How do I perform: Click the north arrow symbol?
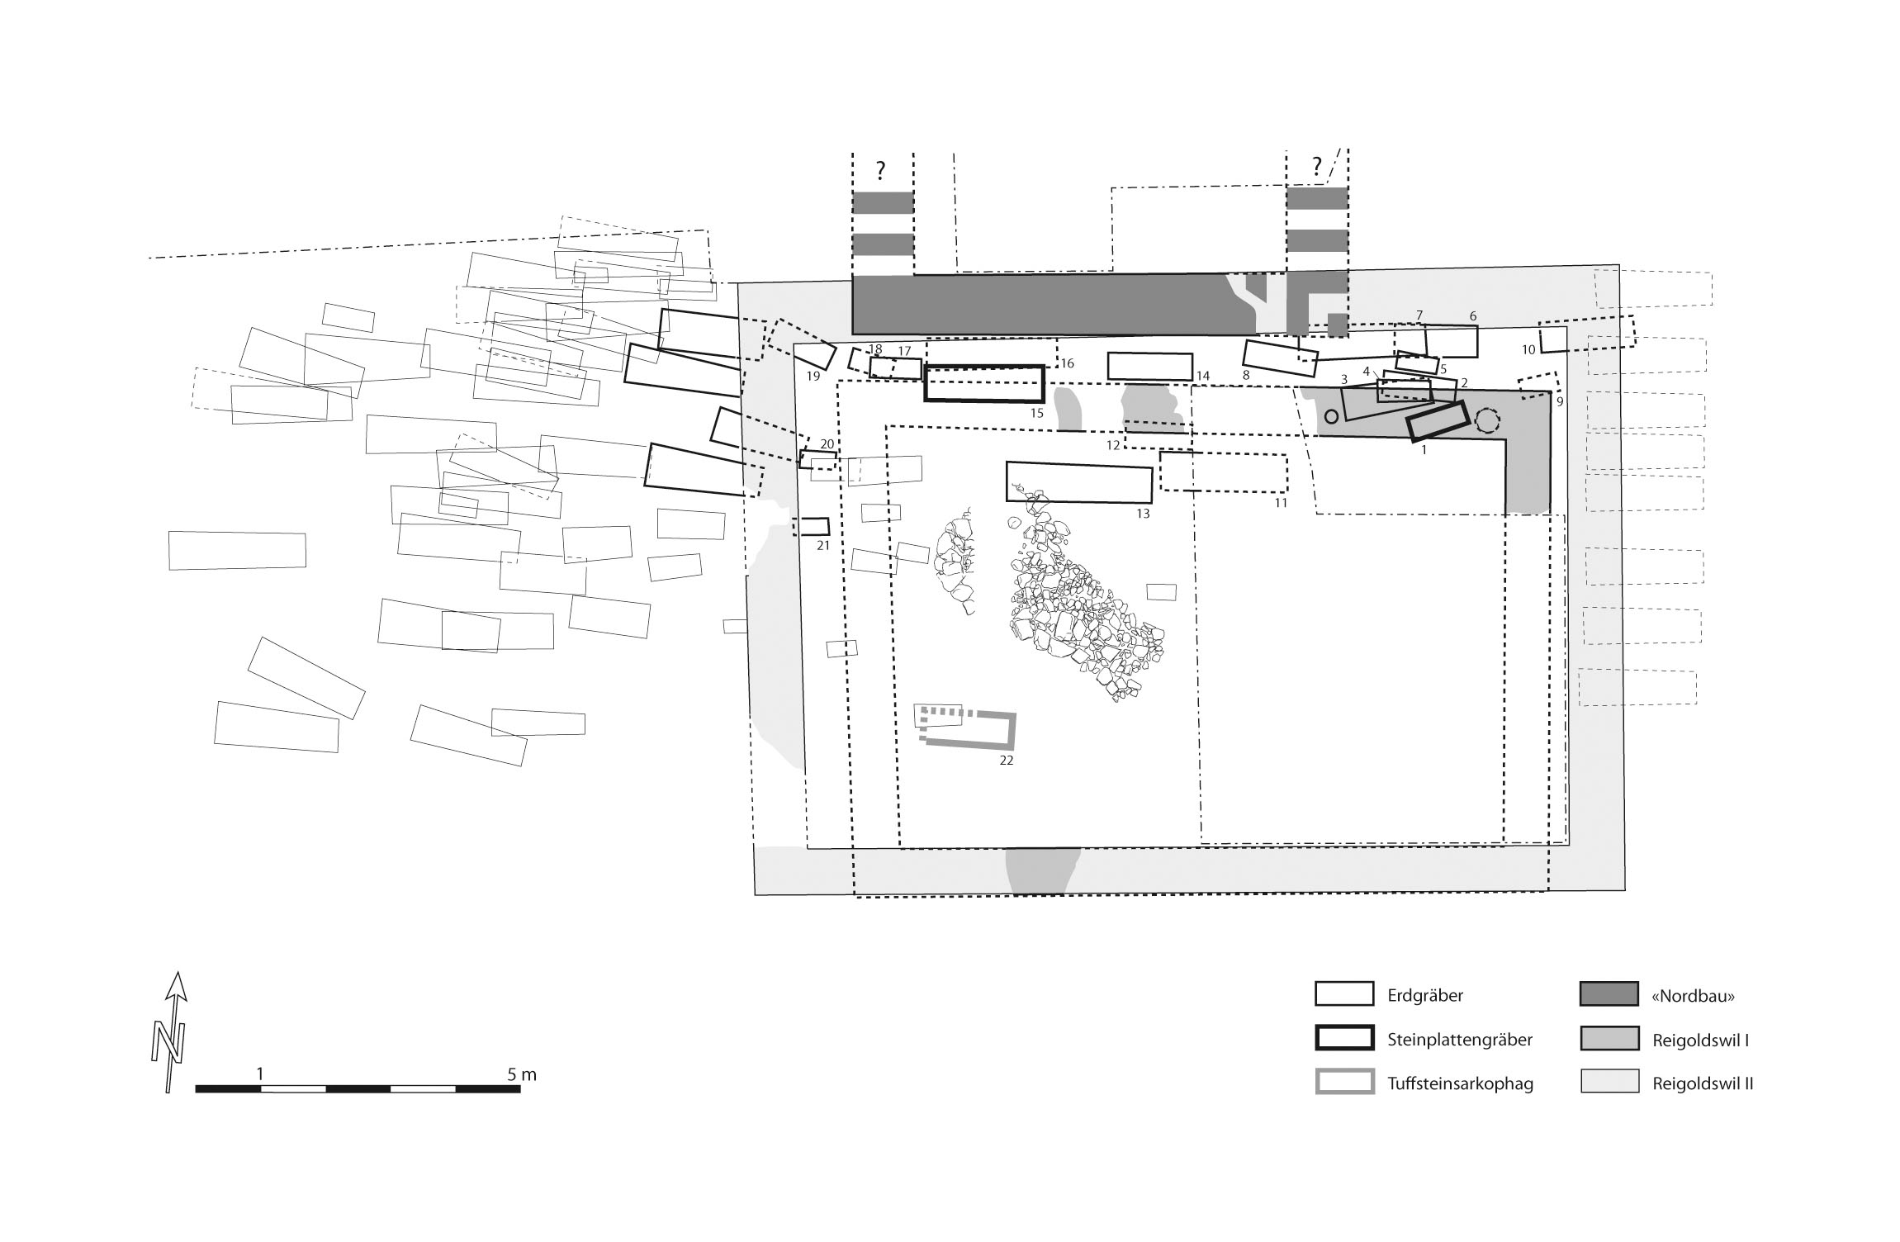coord(172,1031)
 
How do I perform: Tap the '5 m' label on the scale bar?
coord(522,1074)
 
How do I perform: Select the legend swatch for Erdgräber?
coord(1343,994)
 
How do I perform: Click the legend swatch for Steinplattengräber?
coord(1343,1038)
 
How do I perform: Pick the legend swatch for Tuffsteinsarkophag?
coord(1343,1082)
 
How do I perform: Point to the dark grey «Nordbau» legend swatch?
coord(1609,994)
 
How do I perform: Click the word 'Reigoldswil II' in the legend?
coord(1703,1083)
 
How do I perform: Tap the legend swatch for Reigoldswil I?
coord(1609,1038)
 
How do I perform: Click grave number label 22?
coord(1006,761)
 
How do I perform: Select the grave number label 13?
coord(1143,514)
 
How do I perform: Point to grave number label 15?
coord(1037,413)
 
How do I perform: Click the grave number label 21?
coord(822,545)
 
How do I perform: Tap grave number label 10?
coord(1528,350)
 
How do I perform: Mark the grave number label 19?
coord(813,377)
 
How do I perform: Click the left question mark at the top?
coord(881,171)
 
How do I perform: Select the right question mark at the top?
coord(1316,168)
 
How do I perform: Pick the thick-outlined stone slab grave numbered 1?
coord(1437,421)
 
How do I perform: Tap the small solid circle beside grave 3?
coord(1331,417)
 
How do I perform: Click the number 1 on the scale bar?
coord(260,1074)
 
